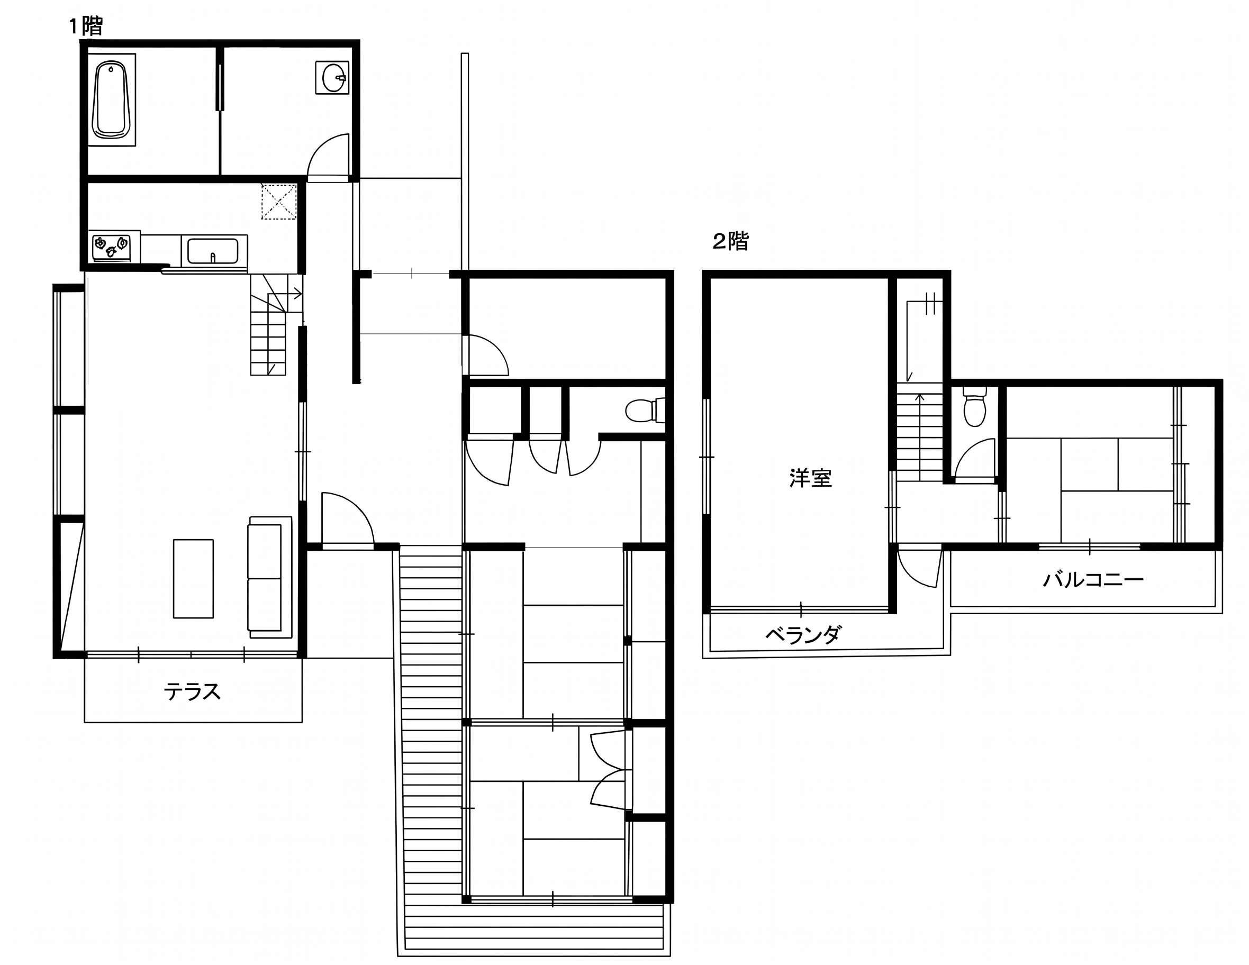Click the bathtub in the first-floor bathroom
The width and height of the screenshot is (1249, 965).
112,100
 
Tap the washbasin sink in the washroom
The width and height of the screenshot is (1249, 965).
333,78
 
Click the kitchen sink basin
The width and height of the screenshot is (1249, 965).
213,251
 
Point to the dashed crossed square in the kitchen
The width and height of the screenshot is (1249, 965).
279,201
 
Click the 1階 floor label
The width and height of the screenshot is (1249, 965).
86,26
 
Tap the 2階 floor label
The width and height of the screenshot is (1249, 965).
730,241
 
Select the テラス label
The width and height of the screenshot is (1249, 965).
192,691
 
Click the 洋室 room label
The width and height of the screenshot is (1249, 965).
810,478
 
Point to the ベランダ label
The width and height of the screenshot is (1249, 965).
803,634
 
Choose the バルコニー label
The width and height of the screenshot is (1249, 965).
1093,580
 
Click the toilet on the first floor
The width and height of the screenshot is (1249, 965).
645,410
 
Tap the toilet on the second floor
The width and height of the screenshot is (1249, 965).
974,407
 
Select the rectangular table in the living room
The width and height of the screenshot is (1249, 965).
193,579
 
